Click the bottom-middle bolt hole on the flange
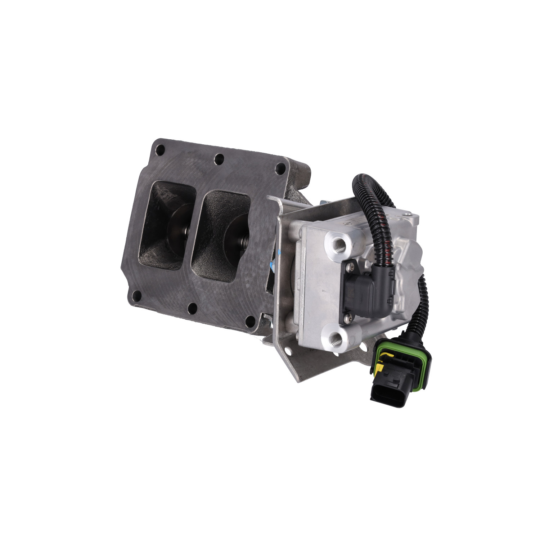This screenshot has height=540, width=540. point(193,308)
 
